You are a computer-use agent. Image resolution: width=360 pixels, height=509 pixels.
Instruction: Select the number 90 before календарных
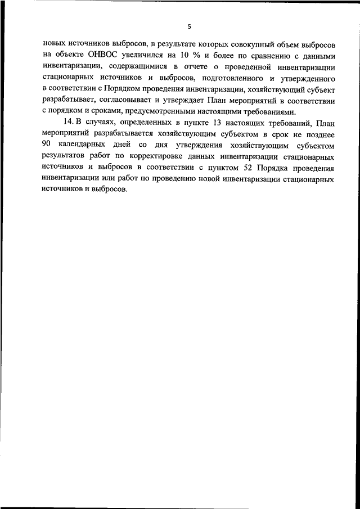pyautogui.click(x=47, y=146)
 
